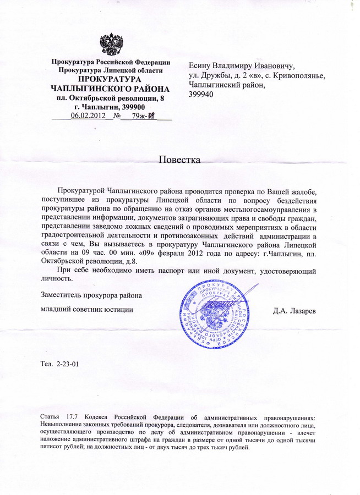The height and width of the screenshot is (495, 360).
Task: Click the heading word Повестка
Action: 180,160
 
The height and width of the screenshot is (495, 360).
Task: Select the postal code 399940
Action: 200,95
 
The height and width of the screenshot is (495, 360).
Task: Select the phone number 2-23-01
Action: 69,365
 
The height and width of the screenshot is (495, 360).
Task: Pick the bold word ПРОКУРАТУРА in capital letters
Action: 110,79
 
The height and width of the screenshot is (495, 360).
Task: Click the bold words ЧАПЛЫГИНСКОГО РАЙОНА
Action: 110,88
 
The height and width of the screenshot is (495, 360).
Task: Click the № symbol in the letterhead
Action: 117,116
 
